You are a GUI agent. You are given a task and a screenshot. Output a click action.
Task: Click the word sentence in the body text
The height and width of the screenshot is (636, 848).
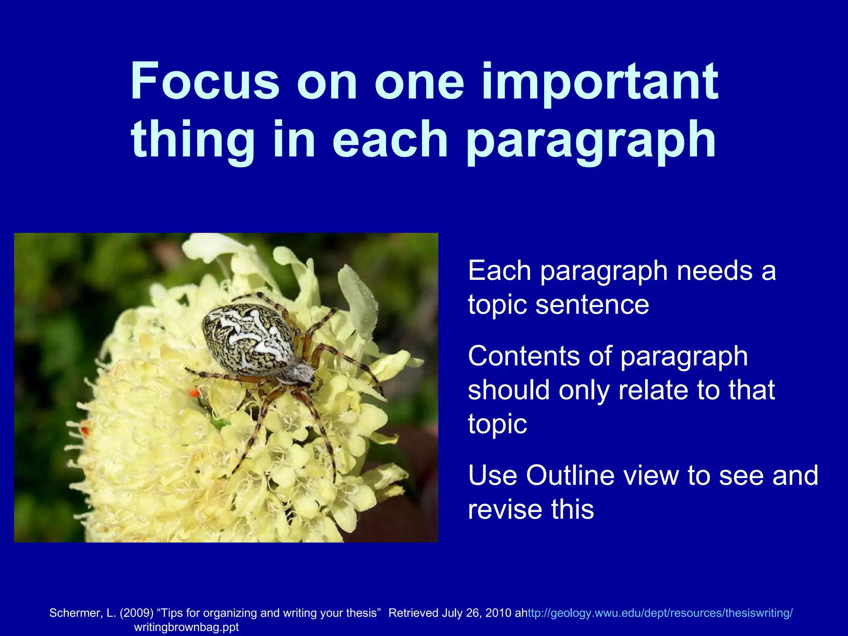pyautogui.click(x=592, y=305)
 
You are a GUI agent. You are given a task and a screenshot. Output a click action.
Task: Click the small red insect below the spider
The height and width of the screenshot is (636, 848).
pyautogui.click(x=193, y=393)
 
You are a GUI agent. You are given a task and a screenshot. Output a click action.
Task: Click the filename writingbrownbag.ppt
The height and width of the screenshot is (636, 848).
pyautogui.click(x=186, y=627)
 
